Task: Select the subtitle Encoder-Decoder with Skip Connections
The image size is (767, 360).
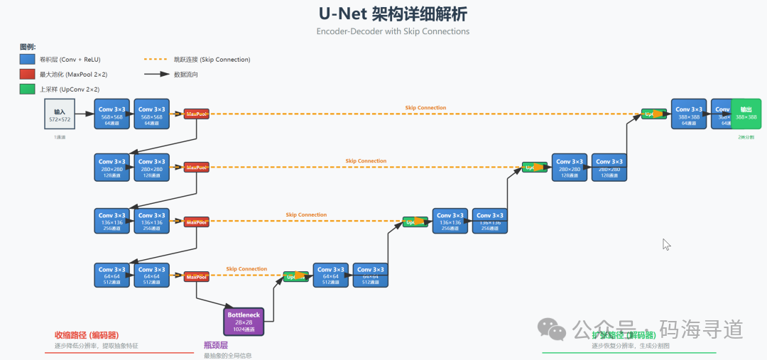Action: (393, 31)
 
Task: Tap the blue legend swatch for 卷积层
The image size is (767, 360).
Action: (28, 60)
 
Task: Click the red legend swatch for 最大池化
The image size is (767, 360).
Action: (28, 75)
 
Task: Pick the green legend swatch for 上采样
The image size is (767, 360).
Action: (28, 89)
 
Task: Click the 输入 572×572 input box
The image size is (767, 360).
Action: (60, 114)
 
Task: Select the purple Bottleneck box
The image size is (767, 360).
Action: (244, 320)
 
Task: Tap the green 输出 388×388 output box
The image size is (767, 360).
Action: (746, 114)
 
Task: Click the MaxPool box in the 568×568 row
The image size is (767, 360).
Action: (196, 114)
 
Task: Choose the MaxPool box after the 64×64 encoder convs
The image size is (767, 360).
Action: (196, 276)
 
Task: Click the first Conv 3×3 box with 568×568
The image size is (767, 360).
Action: (111, 114)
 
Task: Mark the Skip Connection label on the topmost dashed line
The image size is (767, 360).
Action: (425, 108)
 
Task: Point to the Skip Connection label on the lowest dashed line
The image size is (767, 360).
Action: (246, 269)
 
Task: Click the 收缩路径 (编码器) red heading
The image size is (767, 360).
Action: (87, 335)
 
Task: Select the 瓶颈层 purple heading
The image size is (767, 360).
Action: (216, 344)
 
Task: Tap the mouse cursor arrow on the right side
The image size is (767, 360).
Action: (666, 244)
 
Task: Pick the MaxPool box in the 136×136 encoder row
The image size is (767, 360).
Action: (196, 222)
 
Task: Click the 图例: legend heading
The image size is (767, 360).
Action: (28, 46)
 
